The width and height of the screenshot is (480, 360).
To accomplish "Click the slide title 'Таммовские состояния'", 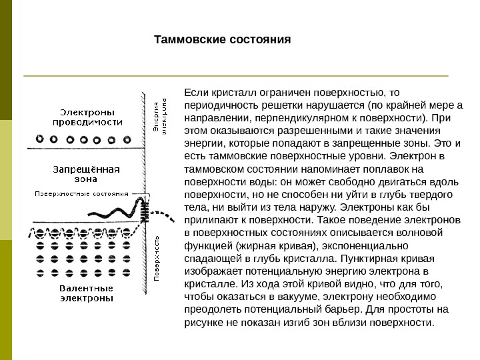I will pyautogui.click(x=223, y=39).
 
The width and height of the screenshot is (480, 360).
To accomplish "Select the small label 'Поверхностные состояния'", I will pyautogui.click(x=81, y=195).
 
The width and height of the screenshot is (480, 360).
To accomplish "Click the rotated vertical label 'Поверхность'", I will pyautogui.click(x=157, y=257).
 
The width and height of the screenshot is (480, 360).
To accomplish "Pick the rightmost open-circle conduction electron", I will pyautogui.click(x=124, y=140).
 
